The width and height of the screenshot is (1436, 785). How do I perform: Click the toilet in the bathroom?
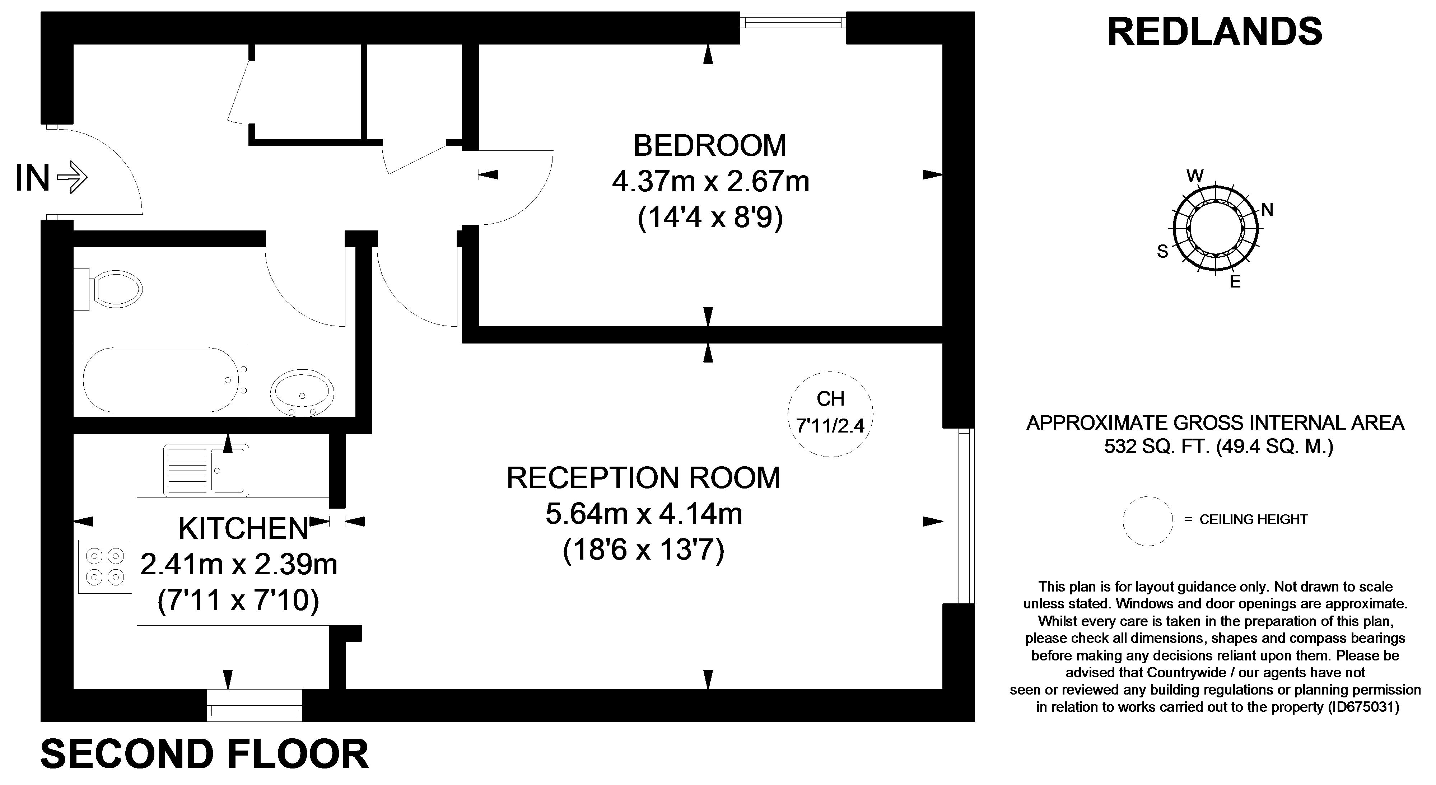pyautogui.click(x=112, y=289)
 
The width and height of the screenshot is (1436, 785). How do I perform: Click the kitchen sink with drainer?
pyautogui.click(x=206, y=469)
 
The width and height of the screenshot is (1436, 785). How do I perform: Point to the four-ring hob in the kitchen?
pyautogui.click(x=105, y=566)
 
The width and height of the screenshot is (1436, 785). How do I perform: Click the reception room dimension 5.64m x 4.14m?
pyautogui.click(x=643, y=514)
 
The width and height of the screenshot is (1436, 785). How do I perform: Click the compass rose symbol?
pyautogui.click(x=1215, y=229)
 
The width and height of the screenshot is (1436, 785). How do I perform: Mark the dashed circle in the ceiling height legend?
pyautogui.click(x=1148, y=521)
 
